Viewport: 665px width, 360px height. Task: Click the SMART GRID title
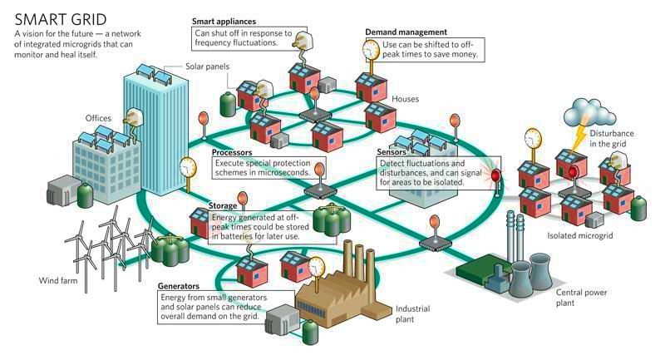61,19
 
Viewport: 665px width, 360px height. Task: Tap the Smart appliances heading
224,22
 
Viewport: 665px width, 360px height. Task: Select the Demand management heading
406,32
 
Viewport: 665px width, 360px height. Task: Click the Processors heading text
232,152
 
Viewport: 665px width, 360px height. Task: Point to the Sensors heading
392,151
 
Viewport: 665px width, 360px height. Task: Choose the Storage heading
223,205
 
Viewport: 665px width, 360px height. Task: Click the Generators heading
178,286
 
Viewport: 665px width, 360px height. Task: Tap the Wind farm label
58,280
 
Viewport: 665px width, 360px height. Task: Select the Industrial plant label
412,313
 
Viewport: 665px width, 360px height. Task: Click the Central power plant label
581,298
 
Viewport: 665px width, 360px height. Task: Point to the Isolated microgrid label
579,235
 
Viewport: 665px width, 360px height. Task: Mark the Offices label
98,118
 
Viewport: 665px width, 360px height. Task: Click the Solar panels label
207,67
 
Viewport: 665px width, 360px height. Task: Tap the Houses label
405,99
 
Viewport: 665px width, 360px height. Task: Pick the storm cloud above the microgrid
593,111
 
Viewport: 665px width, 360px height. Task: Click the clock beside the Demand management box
372,50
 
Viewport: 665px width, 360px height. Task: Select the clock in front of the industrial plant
316,267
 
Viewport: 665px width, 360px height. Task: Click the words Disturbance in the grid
611,138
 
